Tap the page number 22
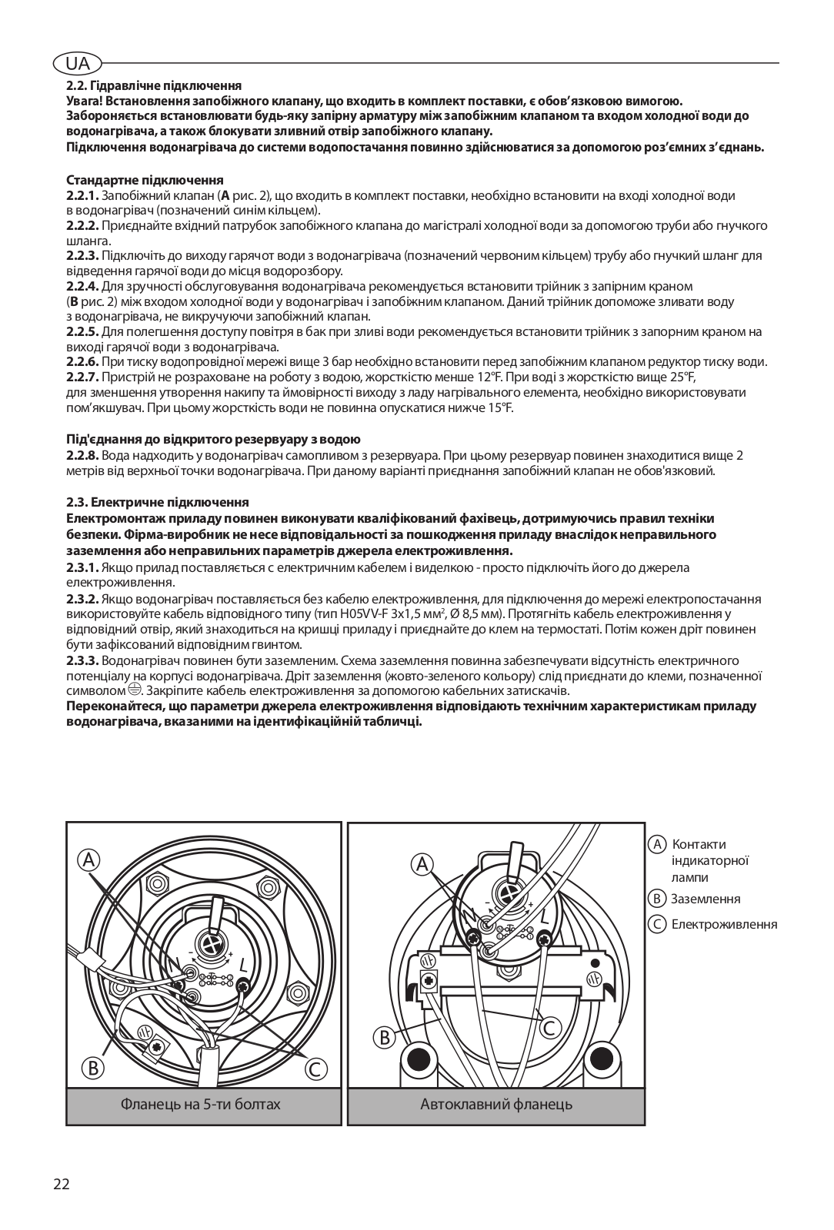click(x=62, y=1184)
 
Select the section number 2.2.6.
click(x=83, y=362)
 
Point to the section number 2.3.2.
click(x=83, y=599)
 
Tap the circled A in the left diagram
click(x=90, y=859)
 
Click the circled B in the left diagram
click(x=93, y=1067)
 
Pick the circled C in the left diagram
click(x=316, y=1068)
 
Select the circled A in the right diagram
click(x=422, y=864)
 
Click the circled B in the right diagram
click(x=384, y=1037)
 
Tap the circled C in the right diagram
click(x=551, y=1028)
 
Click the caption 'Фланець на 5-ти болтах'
click(x=201, y=1105)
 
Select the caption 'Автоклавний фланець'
click(x=496, y=1105)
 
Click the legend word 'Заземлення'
click(x=706, y=899)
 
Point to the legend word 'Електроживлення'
click(x=724, y=925)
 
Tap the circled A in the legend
click(x=657, y=844)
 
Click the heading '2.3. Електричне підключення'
click(x=158, y=502)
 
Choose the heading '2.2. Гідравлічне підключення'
click(x=154, y=86)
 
